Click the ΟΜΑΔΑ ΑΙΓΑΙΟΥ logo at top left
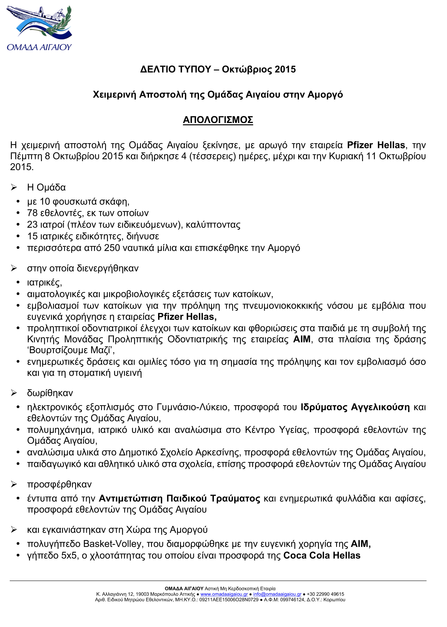[x=39, y=28]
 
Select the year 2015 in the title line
[x=285, y=69]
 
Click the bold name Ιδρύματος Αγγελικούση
[x=355, y=407]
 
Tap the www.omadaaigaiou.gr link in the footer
[x=224, y=594]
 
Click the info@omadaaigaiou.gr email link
[x=277, y=594]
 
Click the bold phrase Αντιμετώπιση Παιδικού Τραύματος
[x=179, y=498]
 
